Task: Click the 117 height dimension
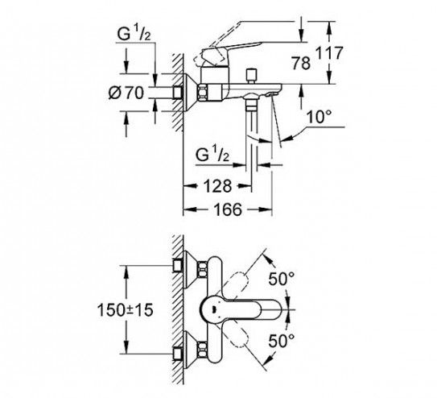coord(329,53)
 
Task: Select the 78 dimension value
coord(301,63)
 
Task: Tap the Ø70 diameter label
coord(126,93)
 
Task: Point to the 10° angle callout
coord(320,117)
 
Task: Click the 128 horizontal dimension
coord(218,186)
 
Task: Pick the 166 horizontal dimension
coord(228,209)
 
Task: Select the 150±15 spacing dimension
coord(126,310)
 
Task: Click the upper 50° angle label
coord(282,279)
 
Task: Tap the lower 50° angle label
coord(282,341)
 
